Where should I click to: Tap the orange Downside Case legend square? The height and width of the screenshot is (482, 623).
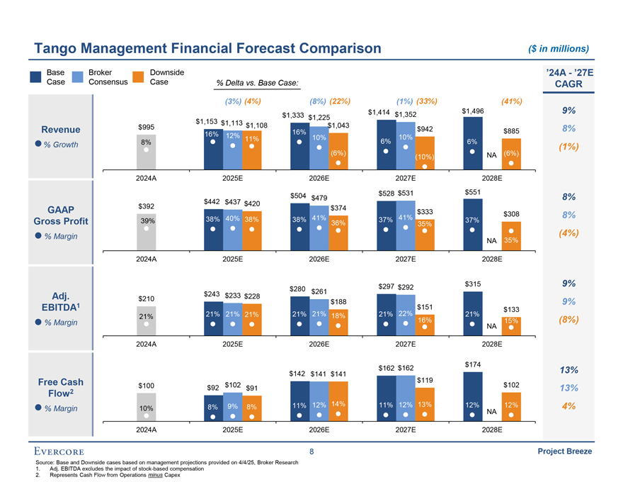138,77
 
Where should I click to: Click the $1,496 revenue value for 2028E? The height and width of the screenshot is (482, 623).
472,111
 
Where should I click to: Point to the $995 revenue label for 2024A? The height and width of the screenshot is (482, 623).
146,127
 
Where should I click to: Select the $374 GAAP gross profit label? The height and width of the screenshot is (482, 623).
338,208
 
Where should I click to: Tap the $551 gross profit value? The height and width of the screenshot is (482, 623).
472,192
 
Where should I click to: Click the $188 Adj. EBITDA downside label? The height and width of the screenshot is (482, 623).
338,302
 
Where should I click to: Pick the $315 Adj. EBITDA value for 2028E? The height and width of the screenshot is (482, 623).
472,284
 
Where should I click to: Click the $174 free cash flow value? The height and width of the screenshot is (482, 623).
472,364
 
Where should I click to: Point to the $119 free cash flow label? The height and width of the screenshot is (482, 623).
425,381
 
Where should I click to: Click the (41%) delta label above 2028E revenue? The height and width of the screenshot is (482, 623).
510,101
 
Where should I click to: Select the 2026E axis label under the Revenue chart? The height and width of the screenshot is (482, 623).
319,179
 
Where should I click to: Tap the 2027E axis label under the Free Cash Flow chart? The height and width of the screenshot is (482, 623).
405,430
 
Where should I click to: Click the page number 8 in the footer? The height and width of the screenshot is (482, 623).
311,452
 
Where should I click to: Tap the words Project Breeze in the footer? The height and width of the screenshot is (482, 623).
564,452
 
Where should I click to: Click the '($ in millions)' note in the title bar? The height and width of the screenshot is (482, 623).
559,49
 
